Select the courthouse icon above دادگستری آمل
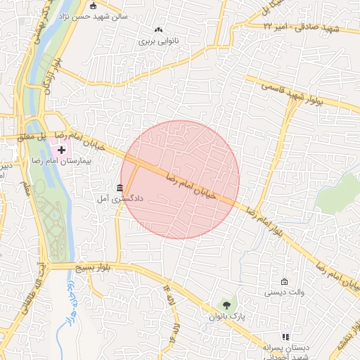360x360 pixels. [x=120, y=188]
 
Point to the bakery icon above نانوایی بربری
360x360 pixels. [x=158, y=30]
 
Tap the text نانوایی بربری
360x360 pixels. [x=158, y=41]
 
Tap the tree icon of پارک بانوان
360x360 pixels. [x=226, y=305]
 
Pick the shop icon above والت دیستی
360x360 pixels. [x=285, y=281]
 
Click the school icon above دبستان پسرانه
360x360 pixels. [x=285, y=337]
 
